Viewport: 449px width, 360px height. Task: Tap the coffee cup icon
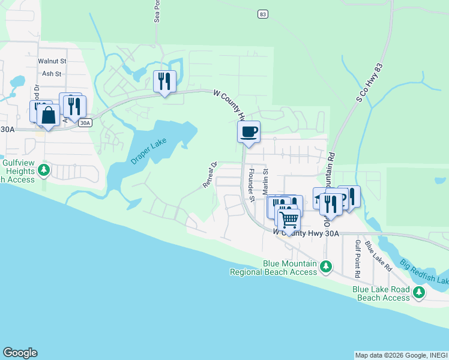249,132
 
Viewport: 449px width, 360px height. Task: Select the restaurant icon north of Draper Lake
164,81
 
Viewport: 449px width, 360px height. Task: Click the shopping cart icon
289,219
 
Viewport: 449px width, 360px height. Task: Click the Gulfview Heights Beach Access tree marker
43,171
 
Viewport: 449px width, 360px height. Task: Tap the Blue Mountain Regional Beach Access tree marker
326,265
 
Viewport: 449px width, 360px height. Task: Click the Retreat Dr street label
209,175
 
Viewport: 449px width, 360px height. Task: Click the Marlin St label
265,181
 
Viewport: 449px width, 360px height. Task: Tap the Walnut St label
50,61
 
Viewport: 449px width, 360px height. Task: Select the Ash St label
52,74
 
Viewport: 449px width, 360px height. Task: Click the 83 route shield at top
262,13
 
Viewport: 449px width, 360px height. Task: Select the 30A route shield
85,123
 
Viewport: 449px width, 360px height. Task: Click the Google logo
20,353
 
